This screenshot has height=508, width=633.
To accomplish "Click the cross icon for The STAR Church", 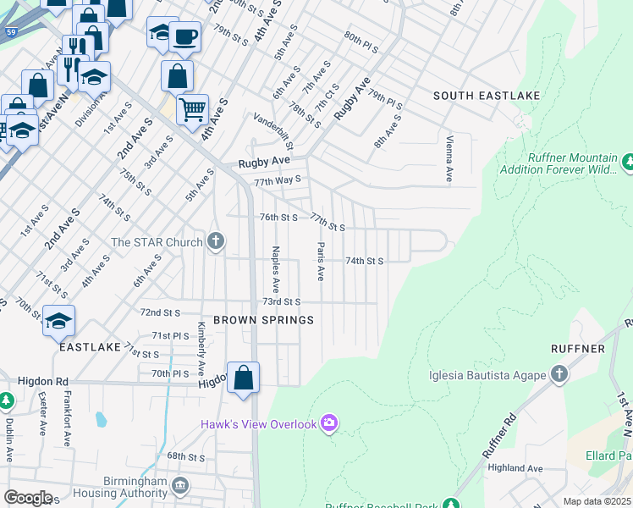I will (x=216, y=242).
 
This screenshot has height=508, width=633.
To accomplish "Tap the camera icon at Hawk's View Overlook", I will (x=329, y=422).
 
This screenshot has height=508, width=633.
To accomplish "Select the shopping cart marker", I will (x=193, y=109).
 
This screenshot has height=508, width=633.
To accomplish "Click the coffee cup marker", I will (x=184, y=36).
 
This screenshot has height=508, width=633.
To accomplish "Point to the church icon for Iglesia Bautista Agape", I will (x=558, y=373).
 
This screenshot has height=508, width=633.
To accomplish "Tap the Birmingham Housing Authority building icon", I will (x=179, y=485).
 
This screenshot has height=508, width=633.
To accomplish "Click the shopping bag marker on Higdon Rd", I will (x=243, y=378).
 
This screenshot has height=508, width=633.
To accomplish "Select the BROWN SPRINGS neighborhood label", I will (x=263, y=320).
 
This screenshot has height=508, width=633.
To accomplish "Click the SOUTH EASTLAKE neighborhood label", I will (x=486, y=97).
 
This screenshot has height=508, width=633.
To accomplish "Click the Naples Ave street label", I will (x=276, y=269).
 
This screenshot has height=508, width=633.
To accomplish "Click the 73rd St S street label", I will (x=282, y=301).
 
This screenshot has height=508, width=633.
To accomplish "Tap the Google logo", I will (x=28, y=498).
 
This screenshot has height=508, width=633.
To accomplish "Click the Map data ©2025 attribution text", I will (x=597, y=501).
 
